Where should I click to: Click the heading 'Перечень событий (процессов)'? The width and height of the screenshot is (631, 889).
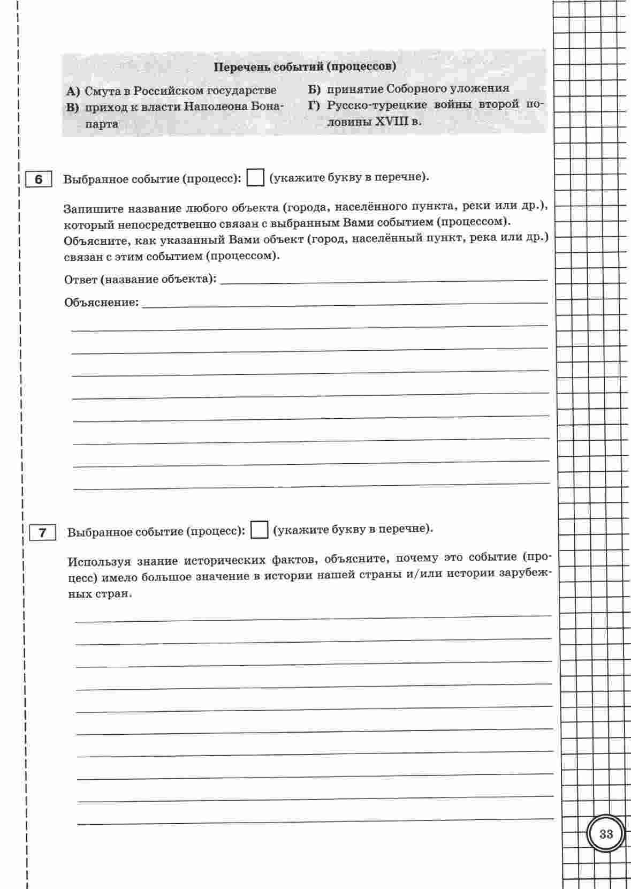(305, 67)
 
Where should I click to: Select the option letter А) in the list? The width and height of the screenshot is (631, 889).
(73, 91)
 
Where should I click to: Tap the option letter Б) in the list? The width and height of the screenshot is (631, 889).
(314, 89)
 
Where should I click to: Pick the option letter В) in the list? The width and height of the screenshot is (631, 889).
(73, 107)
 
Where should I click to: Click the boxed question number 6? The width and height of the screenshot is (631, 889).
(39, 179)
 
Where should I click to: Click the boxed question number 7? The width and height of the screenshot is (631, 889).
(43, 533)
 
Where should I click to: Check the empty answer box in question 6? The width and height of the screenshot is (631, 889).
(256, 177)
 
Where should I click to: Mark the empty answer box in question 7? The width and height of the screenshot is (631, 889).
(260, 530)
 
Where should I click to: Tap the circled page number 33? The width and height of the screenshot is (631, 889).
(606, 834)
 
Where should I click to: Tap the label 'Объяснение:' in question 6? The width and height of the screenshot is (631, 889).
(101, 303)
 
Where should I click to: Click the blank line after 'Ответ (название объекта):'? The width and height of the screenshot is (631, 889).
(384, 279)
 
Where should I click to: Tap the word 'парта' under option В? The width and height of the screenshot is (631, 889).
(102, 124)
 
